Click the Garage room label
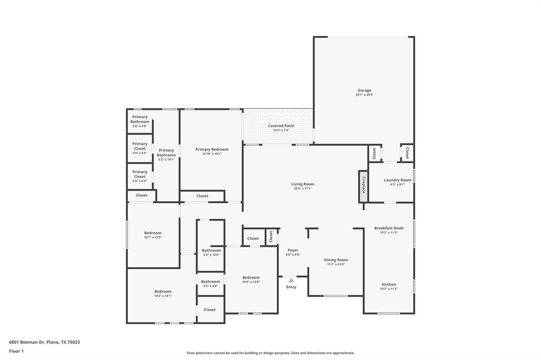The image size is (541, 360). point(364,90)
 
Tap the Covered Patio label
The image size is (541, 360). point(281,126)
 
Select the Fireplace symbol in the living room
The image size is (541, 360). point(363,186)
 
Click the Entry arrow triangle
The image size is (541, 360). point(291,280)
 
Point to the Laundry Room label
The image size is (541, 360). point(397,180)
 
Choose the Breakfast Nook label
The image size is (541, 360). point(388,228)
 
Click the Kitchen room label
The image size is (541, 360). point(389,285)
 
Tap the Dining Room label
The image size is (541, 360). point(335,260)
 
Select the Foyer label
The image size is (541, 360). point(293,250)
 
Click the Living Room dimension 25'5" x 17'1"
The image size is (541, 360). point(303,188)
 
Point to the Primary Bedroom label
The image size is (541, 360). point(212,149)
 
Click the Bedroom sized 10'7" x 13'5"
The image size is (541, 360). point(153,233)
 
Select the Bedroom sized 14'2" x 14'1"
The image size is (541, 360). point(163,291)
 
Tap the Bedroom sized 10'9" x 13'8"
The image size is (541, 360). point(251,278)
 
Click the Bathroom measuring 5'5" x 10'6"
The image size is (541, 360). point(211,251)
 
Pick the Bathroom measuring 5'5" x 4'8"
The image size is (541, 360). point(210,281)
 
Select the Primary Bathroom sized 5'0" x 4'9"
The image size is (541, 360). point(140,119)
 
